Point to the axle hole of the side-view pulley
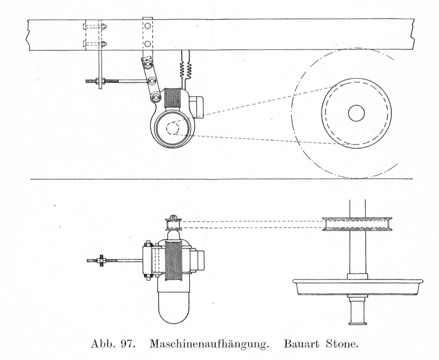tap(356, 113)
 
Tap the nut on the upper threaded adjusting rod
tap(99, 81)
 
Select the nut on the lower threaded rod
tap(102, 260)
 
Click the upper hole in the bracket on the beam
tap(148, 26)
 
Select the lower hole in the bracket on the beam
tap(148, 44)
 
